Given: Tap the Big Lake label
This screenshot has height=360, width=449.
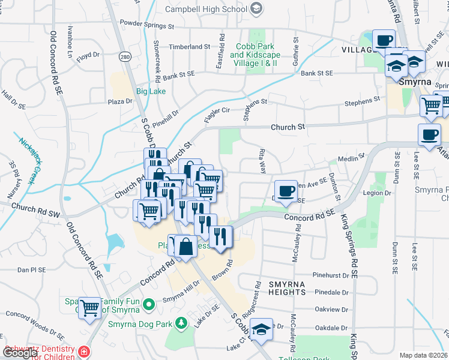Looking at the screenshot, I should click(x=150, y=91).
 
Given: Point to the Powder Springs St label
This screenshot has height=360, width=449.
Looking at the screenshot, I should click(x=146, y=26).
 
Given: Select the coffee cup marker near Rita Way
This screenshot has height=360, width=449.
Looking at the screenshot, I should click(x=286, y=191).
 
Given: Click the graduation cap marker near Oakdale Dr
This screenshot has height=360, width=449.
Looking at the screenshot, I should click(x=261, y=329).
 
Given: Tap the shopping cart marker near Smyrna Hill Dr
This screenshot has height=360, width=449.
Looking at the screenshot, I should click(x=90, y=308).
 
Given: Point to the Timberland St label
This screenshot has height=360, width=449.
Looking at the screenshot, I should click(x=190, y=46).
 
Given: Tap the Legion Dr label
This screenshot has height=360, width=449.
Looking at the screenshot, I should click(x=379, y=193).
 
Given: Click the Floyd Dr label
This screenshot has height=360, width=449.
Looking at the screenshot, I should click(x=88, y=55).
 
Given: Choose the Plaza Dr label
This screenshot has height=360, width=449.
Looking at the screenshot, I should click(x=120, y=102).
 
